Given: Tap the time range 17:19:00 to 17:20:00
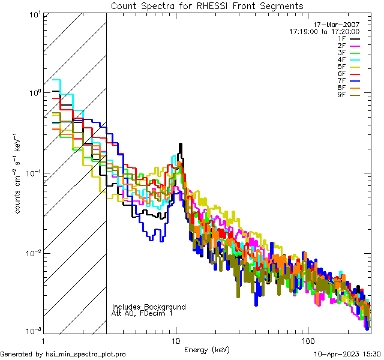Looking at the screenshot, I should (x=324, y=31).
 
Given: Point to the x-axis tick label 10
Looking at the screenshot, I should (x=176, y=341).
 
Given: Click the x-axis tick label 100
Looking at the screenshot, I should (x=307, y=341).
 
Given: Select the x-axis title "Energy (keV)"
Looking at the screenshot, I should (x=207, y=349).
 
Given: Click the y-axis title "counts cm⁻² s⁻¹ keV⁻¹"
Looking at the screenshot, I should (x=19, y=173).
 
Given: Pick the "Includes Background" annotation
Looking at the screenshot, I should (x=149, y=307).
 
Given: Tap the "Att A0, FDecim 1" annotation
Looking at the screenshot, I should (x=142, y=313).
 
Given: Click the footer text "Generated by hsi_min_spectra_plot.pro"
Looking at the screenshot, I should (x=64, y=354).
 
